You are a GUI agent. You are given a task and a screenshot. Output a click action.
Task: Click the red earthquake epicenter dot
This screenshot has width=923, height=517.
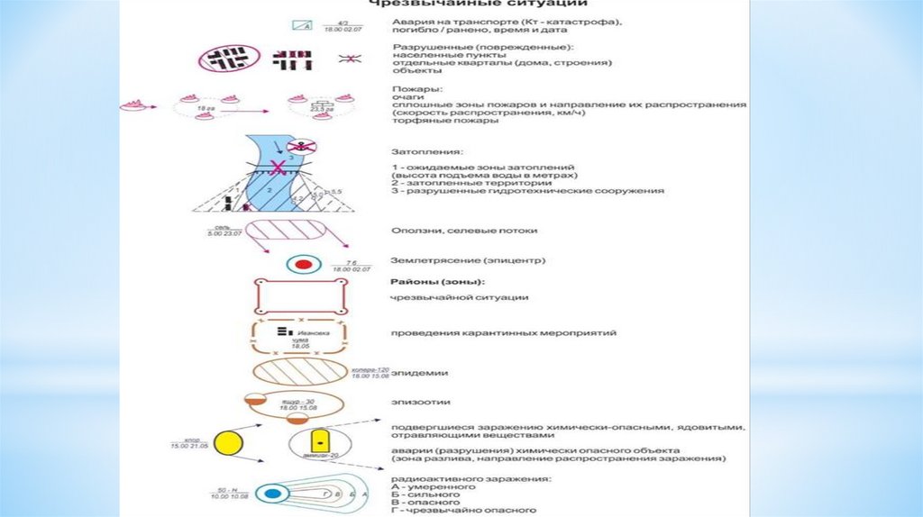click(303, 265)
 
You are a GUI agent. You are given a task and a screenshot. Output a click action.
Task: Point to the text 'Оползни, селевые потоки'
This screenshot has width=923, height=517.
click(453, 230)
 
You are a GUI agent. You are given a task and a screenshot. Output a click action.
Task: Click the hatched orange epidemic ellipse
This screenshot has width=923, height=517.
click(299, 372)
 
